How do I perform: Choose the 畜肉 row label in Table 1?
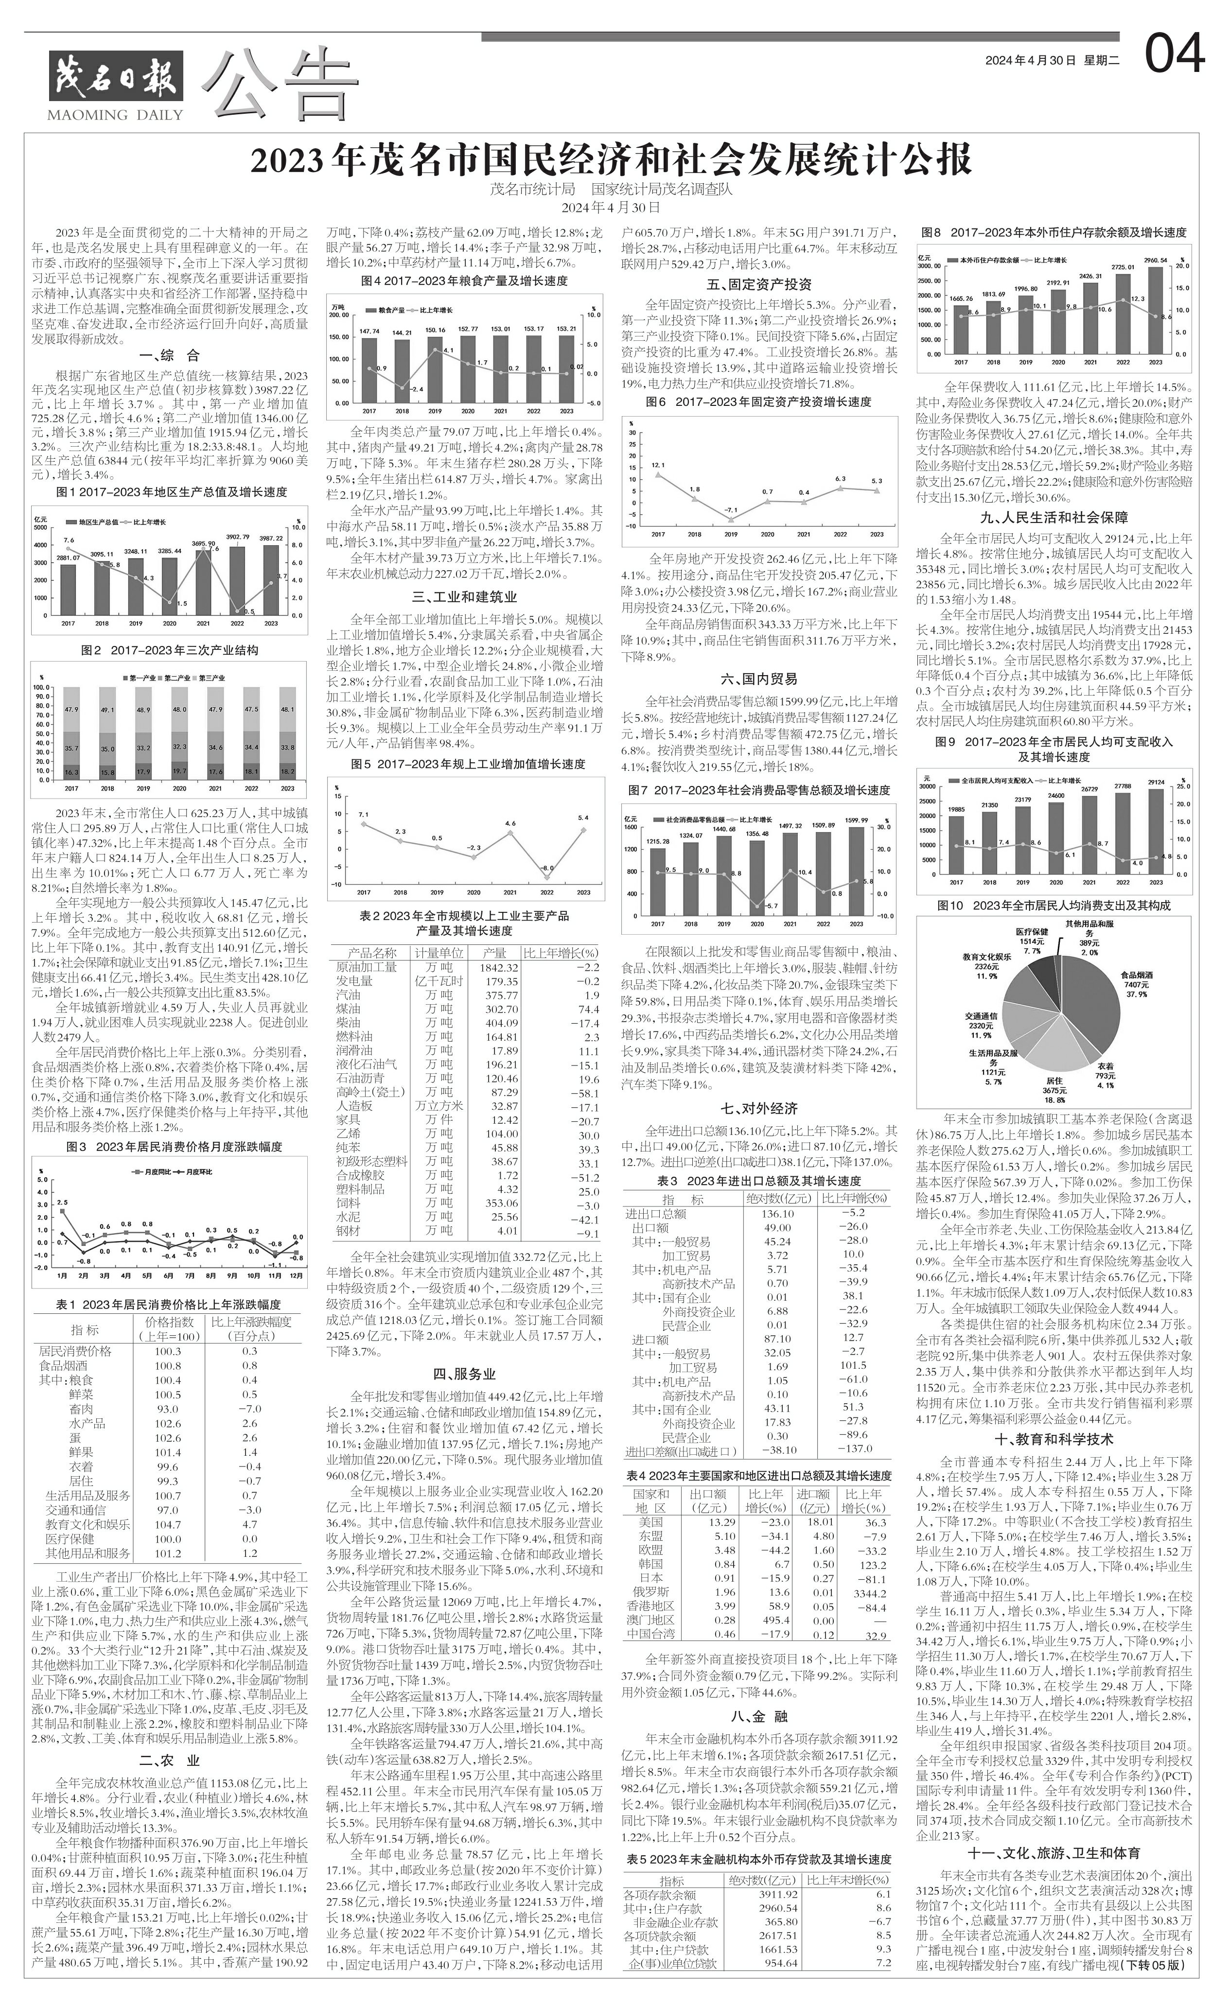click(x=82, y=1409)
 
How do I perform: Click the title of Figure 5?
click(x=468, y=765)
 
